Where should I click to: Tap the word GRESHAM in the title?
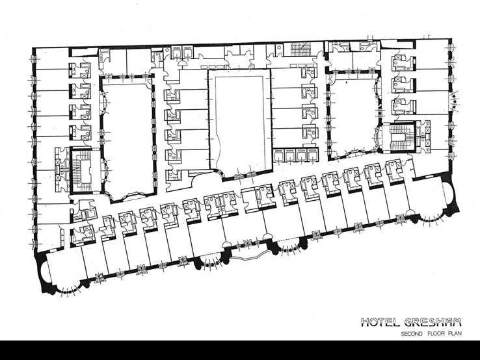(433, 322)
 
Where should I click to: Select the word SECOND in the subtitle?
(412, 334)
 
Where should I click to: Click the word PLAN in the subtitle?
(455, 334)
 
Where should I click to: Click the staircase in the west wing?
(81, 170)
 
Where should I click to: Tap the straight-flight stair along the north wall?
(300, 49)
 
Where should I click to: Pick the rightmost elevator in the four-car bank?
(312, 155)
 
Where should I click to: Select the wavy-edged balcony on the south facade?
(247, 255)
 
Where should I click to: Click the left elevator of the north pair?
(176, 52)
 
